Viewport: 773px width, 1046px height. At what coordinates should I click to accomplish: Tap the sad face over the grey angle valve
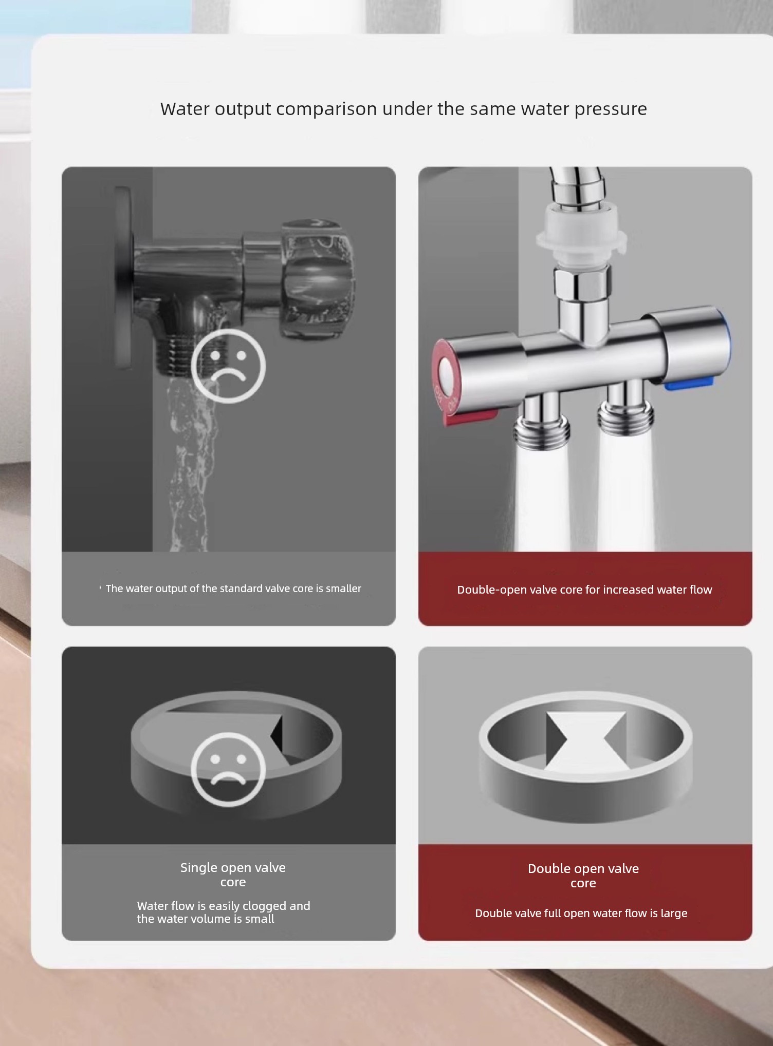[228, 366]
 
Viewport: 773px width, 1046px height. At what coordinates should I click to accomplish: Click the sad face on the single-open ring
[228, 768]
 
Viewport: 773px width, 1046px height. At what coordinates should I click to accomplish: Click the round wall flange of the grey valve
[122, 277]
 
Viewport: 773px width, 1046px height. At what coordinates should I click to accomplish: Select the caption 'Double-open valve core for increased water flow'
[584, 589]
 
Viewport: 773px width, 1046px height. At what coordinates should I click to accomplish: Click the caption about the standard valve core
[233, 588]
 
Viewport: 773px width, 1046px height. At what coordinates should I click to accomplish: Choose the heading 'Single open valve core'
[233, 874]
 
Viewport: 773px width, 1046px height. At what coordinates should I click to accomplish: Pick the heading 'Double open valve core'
[583, 876]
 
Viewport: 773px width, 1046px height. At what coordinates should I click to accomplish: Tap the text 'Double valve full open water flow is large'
[581, 913]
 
